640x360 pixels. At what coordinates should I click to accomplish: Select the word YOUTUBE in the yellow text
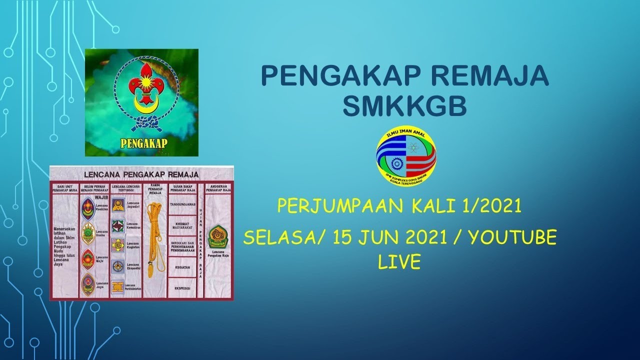512,237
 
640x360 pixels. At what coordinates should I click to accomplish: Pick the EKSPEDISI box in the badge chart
182,288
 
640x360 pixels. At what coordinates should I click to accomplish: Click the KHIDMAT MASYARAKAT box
182,225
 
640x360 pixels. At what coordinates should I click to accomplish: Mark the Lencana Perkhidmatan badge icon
118,286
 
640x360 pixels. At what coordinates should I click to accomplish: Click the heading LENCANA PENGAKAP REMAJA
141,174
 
